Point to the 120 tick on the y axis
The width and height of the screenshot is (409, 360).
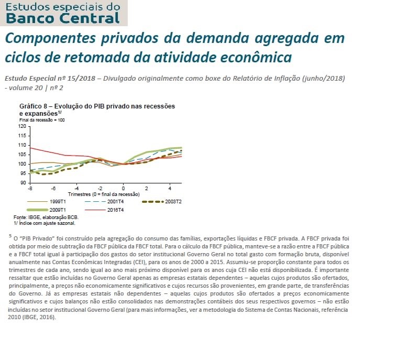tap(21, 126)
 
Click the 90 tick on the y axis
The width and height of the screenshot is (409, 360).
tap(23, 182)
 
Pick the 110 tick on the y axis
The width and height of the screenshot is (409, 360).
tap(21, 145)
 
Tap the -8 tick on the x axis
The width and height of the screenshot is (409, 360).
tap(30, 188)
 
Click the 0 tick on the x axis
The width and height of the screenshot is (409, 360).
tap(124, 188)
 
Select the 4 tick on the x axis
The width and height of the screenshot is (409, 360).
tap(170, 188)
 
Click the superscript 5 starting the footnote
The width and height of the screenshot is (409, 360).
tap(10, 236)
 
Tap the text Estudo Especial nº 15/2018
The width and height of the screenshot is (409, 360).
tap(50, 78)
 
